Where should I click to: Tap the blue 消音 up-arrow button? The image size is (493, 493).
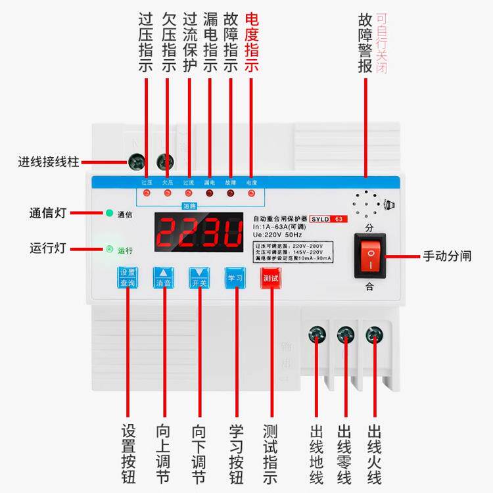(x=163, y=277)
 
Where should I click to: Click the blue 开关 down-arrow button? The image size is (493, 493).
(x=199, y=277)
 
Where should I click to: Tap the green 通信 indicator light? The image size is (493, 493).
(x=109, y=214)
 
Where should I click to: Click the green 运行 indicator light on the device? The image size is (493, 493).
(x=109, y=249)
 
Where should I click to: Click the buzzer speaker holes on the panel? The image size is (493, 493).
(x=365, y=206)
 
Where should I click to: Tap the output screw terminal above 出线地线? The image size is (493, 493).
(x=317, y=335)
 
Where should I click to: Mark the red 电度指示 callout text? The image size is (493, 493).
(x=251, y=43)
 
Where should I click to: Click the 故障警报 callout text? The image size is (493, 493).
(x=365, y=43)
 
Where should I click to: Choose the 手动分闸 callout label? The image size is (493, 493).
(x=447, y=256)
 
